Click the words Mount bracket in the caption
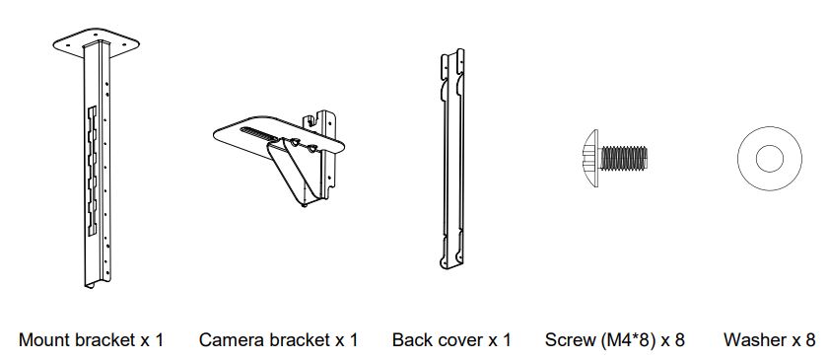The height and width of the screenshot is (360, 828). pyautogui.click(x=77, y=339)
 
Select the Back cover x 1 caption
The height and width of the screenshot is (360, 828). pyautogui.click(x=451, y=339)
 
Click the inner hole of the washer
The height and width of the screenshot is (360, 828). pyautogui.click(x=770, y=159)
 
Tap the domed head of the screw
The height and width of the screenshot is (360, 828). pyautogui.click(x=590, y=158)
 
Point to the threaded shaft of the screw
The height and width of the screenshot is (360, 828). pyautogui.click(x=623, y=158)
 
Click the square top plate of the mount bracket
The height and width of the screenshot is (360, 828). pyautogui.click(x=98, y=41)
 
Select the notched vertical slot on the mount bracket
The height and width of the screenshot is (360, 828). pyautogui.click(x=93, y=171)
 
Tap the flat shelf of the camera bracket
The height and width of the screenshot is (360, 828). pyautogui.click(x=278, y=135)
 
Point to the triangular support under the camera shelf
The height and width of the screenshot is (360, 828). pyautogui.click(x=297, y=172)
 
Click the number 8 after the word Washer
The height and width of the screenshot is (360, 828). pyautogui.click(x=810, y=339)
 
